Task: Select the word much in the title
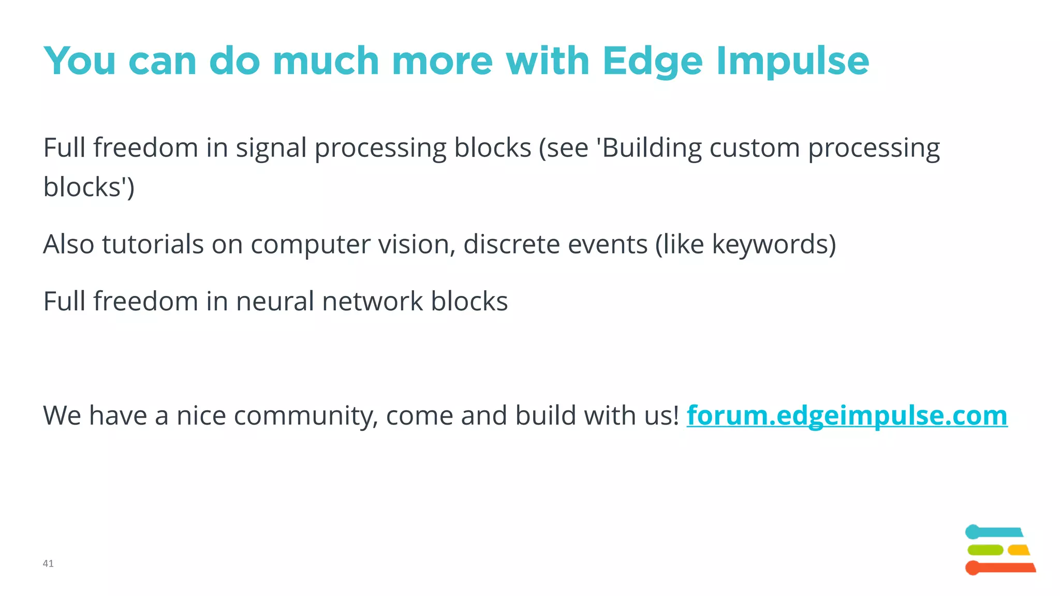pyautogui.click(x=326, y=61)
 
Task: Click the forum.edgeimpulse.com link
pyautogui.click(x=847, y=415)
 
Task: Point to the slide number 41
pyautogui.click(x=48, y=563)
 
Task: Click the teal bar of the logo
pyautogui.click(x=994, y=532)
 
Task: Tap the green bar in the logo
pyautogui.click(x=985, y=550)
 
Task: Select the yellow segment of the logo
pyautogui.click(x=1019, y=550)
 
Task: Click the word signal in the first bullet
pyautogui.click(x=271, y=148)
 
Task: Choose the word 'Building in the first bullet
pyautogui.click(x=649, y=148)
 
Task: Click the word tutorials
pyautogui.click(x=153, y=244)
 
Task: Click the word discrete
pyautogui.click(x=511, y=244)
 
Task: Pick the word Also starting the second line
pyautogui.click(x=68, y=244)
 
